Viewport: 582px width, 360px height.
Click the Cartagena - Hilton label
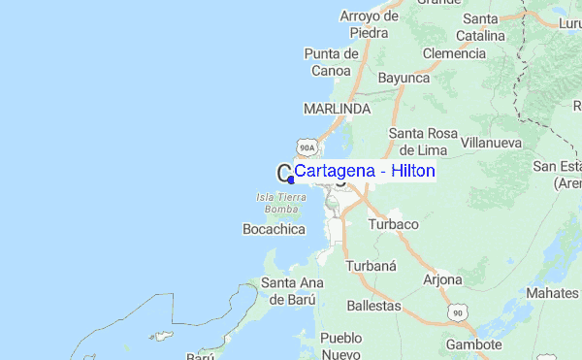(365, 171)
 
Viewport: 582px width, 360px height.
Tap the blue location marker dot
(291, 180)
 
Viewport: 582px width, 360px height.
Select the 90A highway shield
(307, 147)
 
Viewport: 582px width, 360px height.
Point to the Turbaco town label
(393, 224)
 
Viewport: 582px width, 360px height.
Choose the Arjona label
(442, 279)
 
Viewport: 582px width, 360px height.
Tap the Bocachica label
(273, 230)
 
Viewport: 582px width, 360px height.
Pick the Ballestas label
(373, 305)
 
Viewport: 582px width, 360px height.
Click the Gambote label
(473, 344)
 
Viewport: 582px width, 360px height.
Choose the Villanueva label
(489, 142)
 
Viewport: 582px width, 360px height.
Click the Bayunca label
(404, 77)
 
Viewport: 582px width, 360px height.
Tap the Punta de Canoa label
(333, 61)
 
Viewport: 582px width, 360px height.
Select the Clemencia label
(453, 53)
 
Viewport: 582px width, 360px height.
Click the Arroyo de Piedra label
(370, 24)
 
